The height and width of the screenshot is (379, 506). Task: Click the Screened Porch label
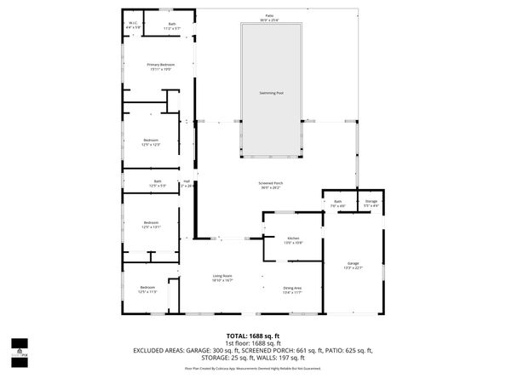(x=271, y=185)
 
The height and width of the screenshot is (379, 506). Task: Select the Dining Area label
(x=293, y=290)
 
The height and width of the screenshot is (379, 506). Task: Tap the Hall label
(x=187, y=182)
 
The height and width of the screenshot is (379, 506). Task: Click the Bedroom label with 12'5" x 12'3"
(x=151, y=141)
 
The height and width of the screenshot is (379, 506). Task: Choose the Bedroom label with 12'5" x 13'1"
(x=151, y=225)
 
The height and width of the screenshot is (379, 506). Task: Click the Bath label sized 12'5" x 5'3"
(x=158, y=182)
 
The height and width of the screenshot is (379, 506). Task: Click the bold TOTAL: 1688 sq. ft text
(x=253, y=336)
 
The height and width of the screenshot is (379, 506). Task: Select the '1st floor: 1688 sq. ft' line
(x=253, y=343)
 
